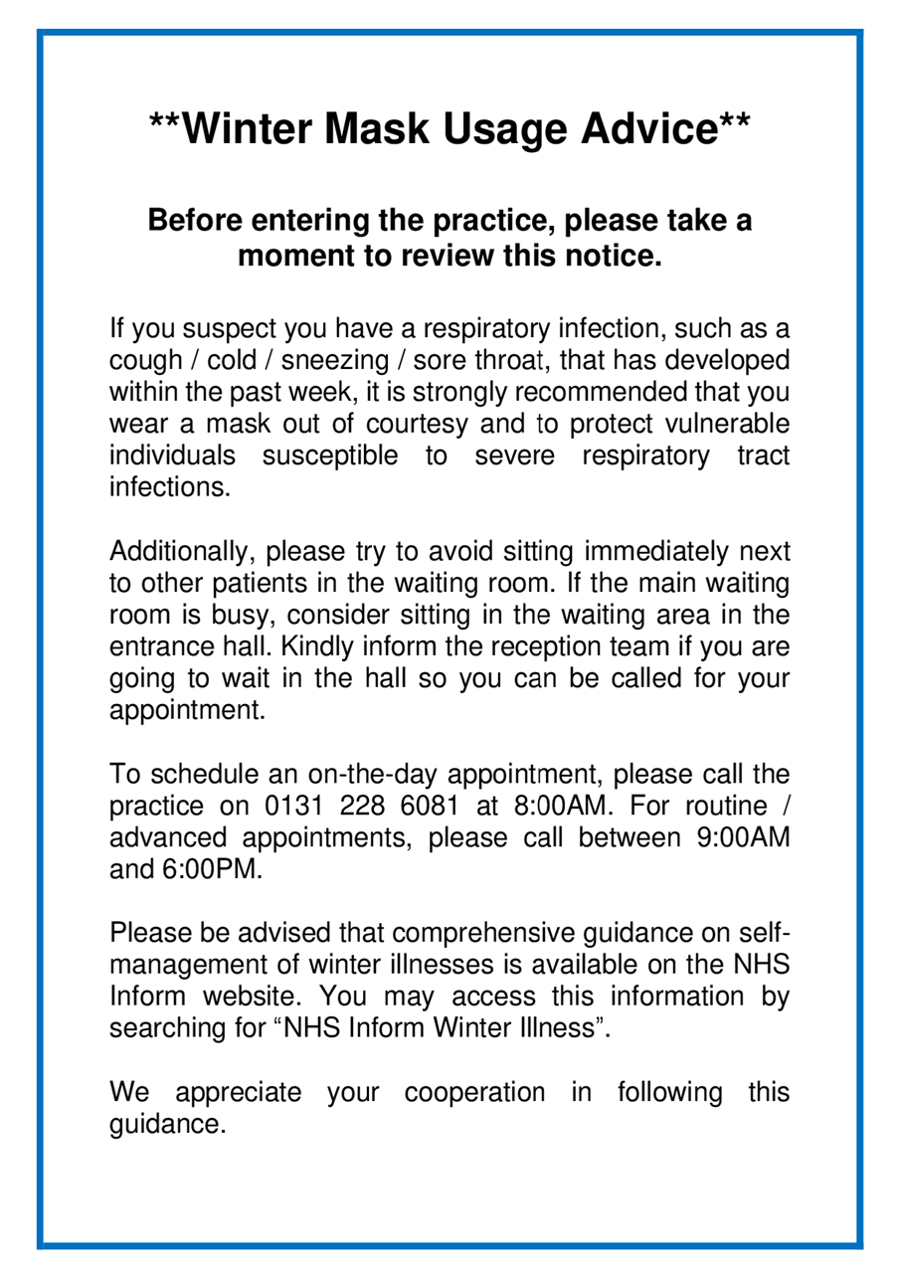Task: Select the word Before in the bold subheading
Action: coord(194,220)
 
